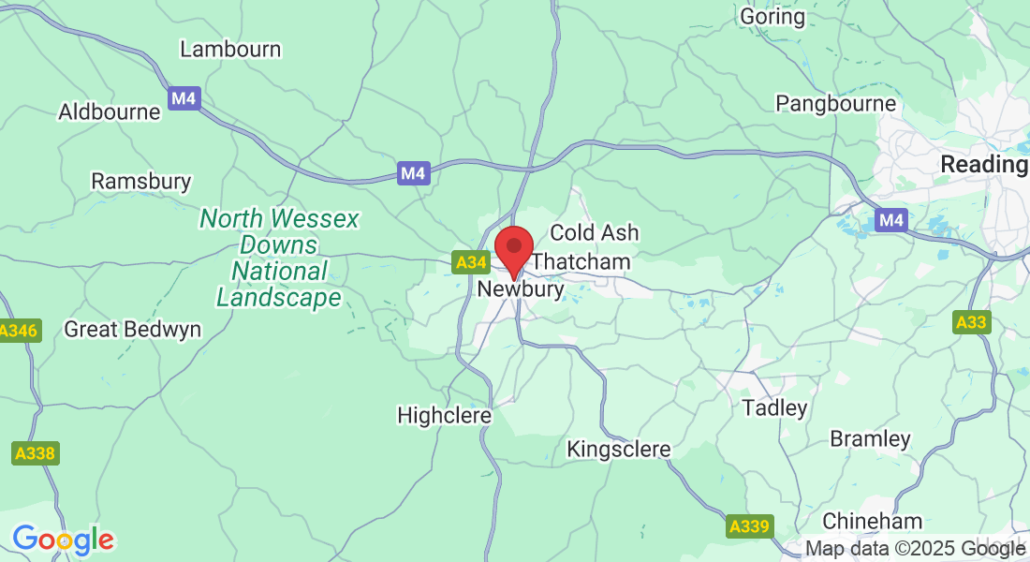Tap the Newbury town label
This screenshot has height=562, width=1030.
[x=521, y=289]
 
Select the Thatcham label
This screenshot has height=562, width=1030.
[x=581, y=262]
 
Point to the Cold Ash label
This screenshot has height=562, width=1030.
[x=594, y=232]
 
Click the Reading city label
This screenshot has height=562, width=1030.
[x=983, y=165]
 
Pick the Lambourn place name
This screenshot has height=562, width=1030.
[x=230, y=50]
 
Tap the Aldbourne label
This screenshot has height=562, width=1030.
[x=110, y=112]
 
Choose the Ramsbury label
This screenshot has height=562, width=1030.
[x=141, y=182]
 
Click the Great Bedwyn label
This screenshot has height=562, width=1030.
[x=132, y=330]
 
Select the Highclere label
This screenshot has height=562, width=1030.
[x=445, y=415]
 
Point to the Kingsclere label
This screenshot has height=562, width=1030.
[x=619, y=451]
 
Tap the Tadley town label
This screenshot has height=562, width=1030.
[x=774, y=408]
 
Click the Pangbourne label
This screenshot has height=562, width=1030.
[x=836, y=104]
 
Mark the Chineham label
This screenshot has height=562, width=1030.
[x=872, y=522]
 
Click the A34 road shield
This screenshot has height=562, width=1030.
[x=470, y=263]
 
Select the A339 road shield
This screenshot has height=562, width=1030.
[x=750, y=526]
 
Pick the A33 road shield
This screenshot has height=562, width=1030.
[x=971, y=323]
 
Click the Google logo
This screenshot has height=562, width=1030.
[x=63, y=540]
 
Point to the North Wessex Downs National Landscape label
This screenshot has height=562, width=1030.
[x=279, y=259]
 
